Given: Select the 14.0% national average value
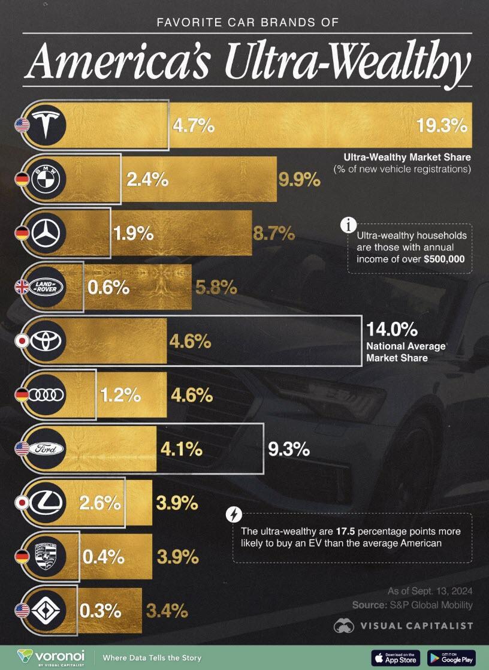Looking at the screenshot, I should (x=391, y=330).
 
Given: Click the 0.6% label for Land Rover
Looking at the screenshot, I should (x=108, y=288).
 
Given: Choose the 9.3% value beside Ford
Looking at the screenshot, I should (x=289, y=448).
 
